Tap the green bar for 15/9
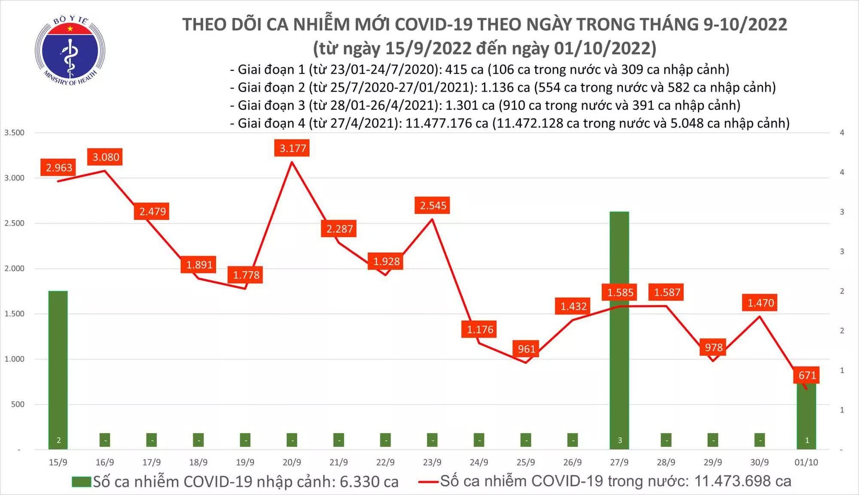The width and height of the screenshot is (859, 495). click(x=58, y=369)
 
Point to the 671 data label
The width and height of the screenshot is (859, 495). click(x=807, y=375)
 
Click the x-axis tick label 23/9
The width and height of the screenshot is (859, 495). click(x=432, y=462)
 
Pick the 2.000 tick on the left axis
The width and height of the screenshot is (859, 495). click(x=14, y=269)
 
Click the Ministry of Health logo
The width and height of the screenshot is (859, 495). click(x=70, y=50)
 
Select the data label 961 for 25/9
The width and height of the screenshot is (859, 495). click(x=526, y=349)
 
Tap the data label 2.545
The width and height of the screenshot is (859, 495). click(x=433, y=205)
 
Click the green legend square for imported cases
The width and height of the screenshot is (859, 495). click(x=81, y=482)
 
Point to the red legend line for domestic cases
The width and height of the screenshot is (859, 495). click(x=428, y=482)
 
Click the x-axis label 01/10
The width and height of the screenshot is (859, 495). click(x=806, y=462)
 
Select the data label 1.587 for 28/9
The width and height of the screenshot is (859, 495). click(x=667, y=292)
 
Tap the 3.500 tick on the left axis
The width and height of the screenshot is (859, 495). click(x=14, y=132)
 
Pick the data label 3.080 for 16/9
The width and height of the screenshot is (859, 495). click(x=106, y=157)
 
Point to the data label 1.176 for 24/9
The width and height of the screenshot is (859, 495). click(x=480, y=329)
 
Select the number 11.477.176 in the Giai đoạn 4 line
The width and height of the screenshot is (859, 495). click(x=447, y=123)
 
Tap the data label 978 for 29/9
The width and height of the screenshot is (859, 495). click(x=713, y=347)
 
